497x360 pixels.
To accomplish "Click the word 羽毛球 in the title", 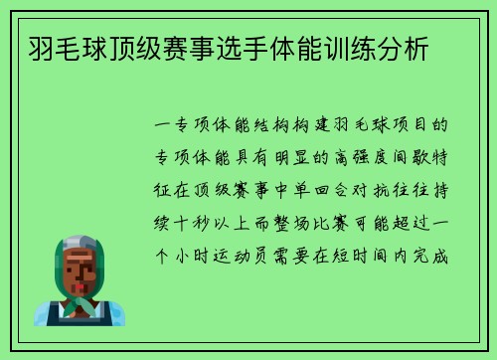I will pos(54,48).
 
